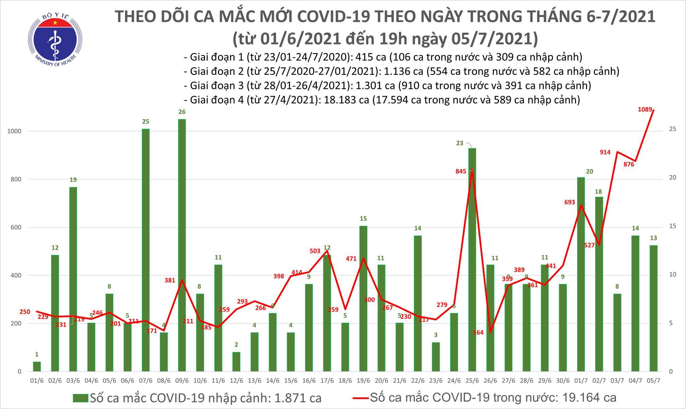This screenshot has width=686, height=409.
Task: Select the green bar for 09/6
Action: click(x=182, y=244)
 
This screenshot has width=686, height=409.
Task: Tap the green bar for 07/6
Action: click(x=145, y=249)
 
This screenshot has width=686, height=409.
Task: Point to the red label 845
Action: click(x=461, y=171)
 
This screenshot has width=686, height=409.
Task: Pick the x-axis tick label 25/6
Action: click(x=472, y=381)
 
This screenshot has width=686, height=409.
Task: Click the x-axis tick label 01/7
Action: click(x=581, y=381)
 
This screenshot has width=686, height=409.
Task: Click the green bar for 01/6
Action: click(x=37, y=366)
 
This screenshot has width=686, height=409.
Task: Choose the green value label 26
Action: click(x=182, y=112)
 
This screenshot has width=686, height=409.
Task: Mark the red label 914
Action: click(x=605, y=152)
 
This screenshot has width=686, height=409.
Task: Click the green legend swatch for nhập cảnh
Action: click(x=81, y=398)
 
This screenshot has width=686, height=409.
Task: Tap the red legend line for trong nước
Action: click(x=361, y=398)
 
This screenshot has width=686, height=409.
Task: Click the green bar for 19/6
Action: click(x=363, y=298)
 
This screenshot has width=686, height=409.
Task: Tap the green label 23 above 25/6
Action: click(x=460, y=143)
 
